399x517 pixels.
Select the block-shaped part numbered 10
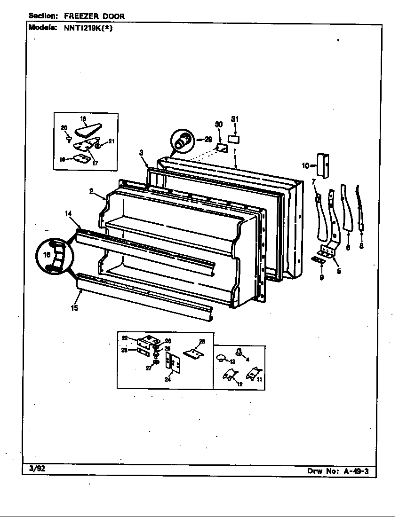[x=323, y=166]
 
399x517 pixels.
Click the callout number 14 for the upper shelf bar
[x=68, y=213]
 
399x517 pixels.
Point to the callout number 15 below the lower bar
[x=74, y=308]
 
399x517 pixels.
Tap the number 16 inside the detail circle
[x=46, y=254]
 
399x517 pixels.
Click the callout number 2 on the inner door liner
[x=91, y=191]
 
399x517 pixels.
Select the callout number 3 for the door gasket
[x=141, y=152]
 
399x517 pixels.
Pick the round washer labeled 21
[x=98, y=146]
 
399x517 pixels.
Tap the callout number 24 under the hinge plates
[x=168, y=380]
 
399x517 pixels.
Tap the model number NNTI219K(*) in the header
[x=86, y=27]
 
